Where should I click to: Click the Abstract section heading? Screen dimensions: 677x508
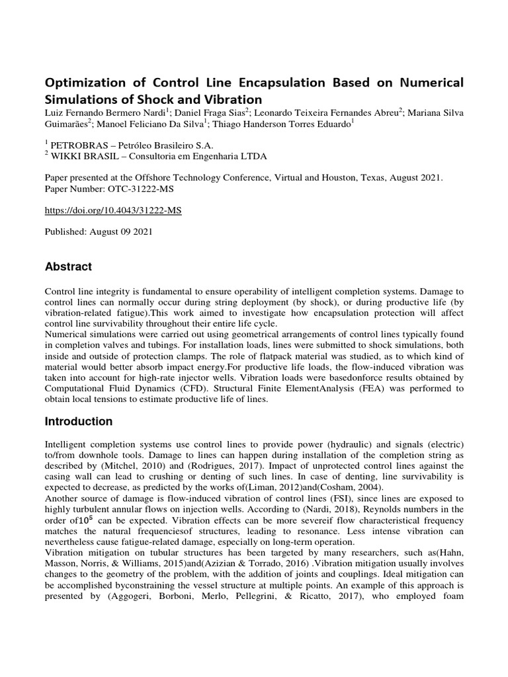pyautogui.click(x=68, y=266)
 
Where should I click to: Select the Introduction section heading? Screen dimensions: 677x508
pyautogui.click(x=78, y=421)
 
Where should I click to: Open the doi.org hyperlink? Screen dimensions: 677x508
pyautogui.click(x=112, y=210)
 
